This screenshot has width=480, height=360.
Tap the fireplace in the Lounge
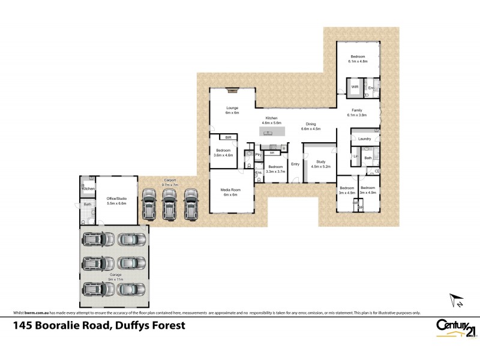(232, 91)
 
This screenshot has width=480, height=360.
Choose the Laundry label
(364, 139)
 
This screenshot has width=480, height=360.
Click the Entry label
(295, 164)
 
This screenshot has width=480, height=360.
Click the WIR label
(355, 88)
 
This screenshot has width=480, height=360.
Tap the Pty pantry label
(258, 154)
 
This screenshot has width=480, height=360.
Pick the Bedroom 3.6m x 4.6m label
(223, 152)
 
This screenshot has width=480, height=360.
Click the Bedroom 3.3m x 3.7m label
(275, 169)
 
